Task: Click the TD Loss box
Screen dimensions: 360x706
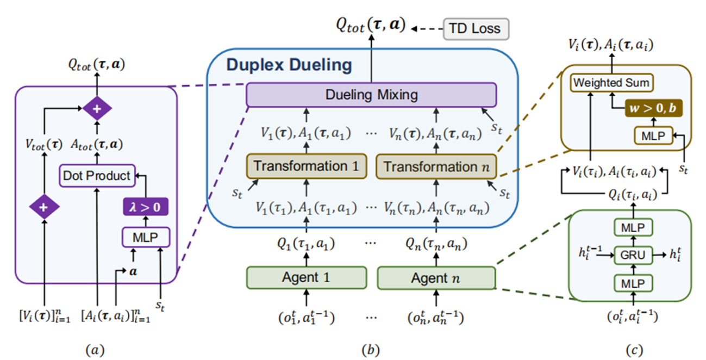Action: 476,29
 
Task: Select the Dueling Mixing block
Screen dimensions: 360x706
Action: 371,95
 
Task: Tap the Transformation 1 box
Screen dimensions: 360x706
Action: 307,166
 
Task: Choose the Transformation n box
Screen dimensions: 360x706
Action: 436,166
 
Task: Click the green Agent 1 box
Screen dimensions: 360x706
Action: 307,277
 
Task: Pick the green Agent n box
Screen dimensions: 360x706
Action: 436,277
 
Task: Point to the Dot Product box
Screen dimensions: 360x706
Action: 97,175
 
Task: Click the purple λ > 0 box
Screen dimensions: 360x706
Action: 144,207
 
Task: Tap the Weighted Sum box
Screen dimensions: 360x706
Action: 611,84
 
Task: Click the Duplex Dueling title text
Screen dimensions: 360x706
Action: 289,66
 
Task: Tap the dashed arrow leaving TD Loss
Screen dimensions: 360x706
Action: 427,27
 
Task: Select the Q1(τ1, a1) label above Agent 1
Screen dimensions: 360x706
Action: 307,245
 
